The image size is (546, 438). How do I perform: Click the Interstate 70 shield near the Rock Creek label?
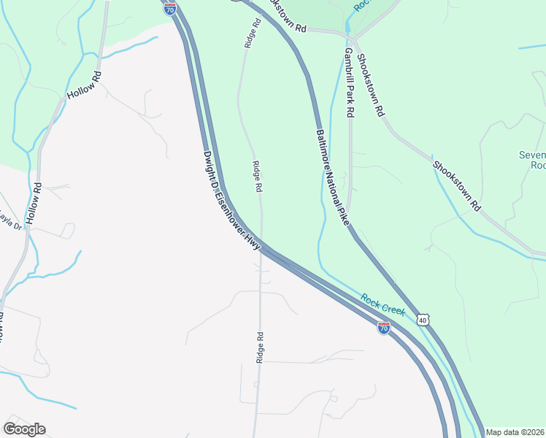(384, 328)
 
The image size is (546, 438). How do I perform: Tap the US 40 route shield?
(423, 320)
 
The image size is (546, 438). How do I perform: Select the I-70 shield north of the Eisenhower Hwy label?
(169, 8)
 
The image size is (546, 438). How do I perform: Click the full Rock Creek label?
(382, 304)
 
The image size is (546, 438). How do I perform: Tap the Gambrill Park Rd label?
(349, 83)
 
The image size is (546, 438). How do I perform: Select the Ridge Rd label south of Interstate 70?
(259, 347)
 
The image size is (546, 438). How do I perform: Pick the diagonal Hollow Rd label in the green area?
(82, 85)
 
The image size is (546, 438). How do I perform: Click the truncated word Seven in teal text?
(532, 155)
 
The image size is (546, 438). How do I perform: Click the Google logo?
(24, 429)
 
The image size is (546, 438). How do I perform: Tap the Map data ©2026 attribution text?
(515, 432)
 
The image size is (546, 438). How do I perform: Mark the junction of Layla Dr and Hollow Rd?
(28, 228)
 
